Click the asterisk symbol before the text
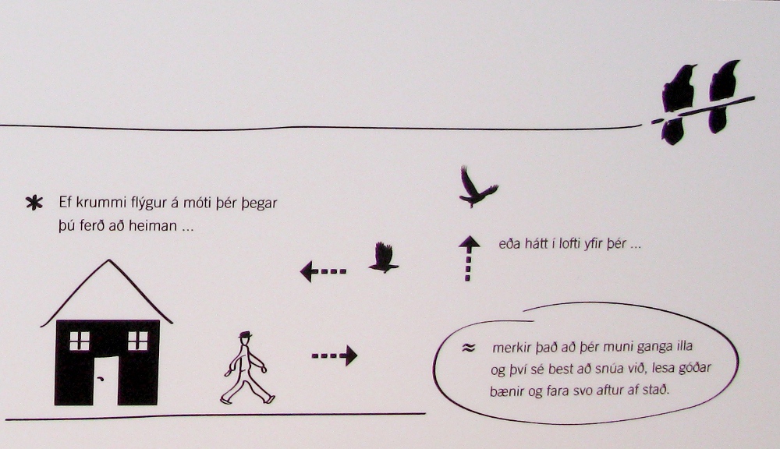coord(34,203)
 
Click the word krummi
coord(102,203)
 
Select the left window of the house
coord(79,341)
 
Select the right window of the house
coord(138,341)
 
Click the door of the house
coord(105,380)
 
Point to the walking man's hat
coord(245,334)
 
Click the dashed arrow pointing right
coord(335,355)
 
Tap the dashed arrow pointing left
coord(323,271)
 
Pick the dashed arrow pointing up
coord(468,259)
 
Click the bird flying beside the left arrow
coord(384,257)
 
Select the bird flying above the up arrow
coord(477,187)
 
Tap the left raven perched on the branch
coord(677,104)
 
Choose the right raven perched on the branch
coord(724,97)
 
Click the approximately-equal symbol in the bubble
coord(467,348)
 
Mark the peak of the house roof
coord(109,260)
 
